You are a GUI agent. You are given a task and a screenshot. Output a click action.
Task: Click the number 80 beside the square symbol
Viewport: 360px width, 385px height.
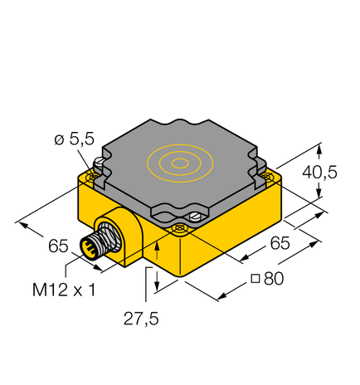pyautogui.click(x=273, y=279)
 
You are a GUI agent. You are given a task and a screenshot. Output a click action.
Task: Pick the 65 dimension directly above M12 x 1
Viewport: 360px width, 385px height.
pyautogui.click(x=58, y=246)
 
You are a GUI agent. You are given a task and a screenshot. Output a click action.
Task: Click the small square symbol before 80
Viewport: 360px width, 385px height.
pyautogui.click(x=256, y=280)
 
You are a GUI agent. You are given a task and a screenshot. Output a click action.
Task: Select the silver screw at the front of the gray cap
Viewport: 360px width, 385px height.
pyautogui.click(x=194, y=217)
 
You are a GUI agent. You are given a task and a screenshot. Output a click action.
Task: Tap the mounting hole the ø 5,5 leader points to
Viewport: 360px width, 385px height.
pyautogui.click(x=94, y=174)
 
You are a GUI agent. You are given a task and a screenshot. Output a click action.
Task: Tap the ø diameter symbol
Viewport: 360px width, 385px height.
pyautogui.click(x=59, y=140)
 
